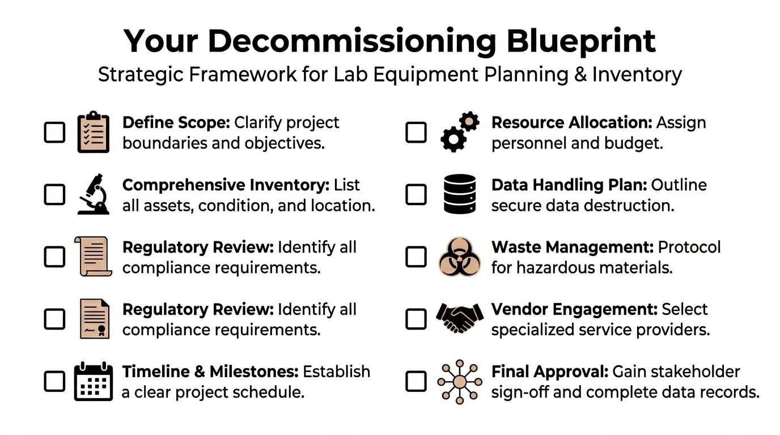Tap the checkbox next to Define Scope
[54, 132]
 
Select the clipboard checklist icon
[94, 132]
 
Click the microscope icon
[94, 194]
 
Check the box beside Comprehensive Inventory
[54, 194]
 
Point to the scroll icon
[94, 256]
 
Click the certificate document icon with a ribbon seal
[94, 318]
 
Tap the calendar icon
[94, 381]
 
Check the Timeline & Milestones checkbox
[54, 381]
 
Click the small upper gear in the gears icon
[469, 121]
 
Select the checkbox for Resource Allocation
[416, 132]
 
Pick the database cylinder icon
[460, 194]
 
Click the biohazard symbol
[460, 257]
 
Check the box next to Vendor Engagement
[416, 319]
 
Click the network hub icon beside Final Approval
[460, 382]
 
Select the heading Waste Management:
[573, 247]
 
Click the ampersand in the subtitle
[580, 74]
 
